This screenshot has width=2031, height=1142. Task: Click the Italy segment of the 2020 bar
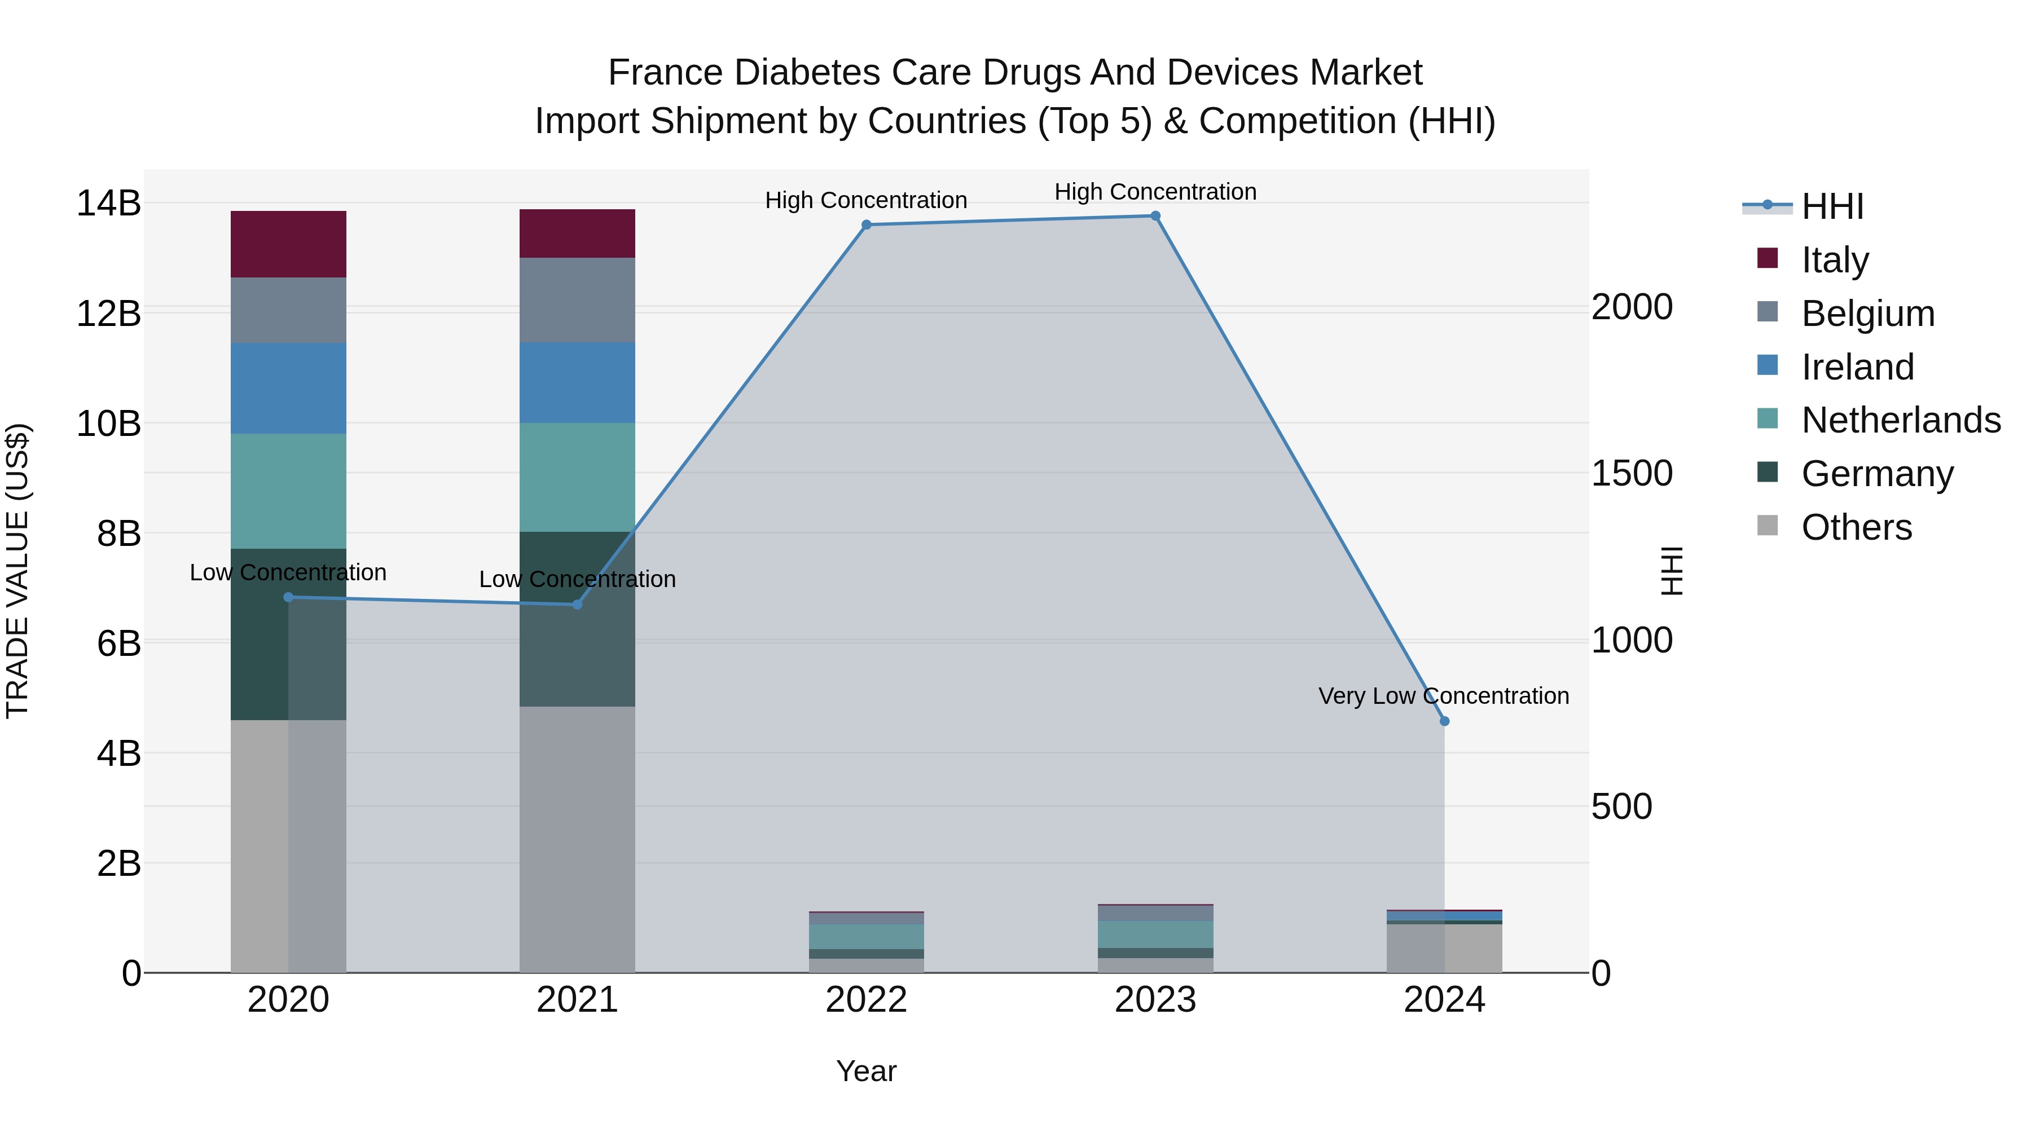click(x=288, y=244)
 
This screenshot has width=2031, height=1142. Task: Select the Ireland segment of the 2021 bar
click(x=577, y=382)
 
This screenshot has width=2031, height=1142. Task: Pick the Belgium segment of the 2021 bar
click(x=577, y=299)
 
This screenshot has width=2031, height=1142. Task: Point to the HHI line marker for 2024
click(x=1444, y=721)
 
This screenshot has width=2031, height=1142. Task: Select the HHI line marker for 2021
click(x=577, y=605)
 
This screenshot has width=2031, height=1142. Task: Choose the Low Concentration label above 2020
click(x=288, y=572)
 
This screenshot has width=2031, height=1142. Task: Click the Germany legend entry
click(x=1876, y=474)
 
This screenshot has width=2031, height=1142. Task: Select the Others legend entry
click(x=1856, y=527)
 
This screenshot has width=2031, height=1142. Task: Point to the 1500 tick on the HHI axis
click(x=1631, y=474)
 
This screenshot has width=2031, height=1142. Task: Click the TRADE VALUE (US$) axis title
click(x=17, y=571)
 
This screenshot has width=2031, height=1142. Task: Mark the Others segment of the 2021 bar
click(x=577, y=839)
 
